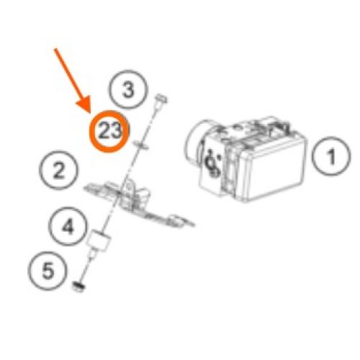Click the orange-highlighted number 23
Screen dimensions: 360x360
click(109, 131)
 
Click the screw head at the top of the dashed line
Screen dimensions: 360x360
click(161, 99)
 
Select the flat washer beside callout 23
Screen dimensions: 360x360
click(141, 145)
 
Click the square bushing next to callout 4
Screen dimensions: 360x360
click(99, 240)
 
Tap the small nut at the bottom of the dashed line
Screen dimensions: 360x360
click(78, 287)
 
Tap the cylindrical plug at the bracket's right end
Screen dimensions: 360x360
click(176, 220)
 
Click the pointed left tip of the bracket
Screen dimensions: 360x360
click(85, 188)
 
